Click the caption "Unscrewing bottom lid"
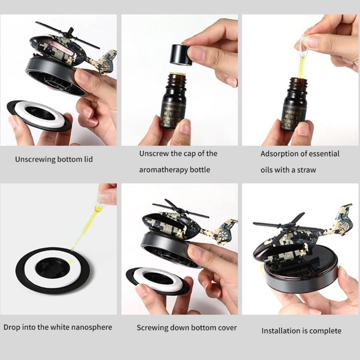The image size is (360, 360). pos(54,159)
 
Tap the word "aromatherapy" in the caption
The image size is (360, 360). pos(161,170)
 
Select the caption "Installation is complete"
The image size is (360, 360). pos(301,331)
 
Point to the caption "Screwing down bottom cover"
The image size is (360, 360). pos(180,328)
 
